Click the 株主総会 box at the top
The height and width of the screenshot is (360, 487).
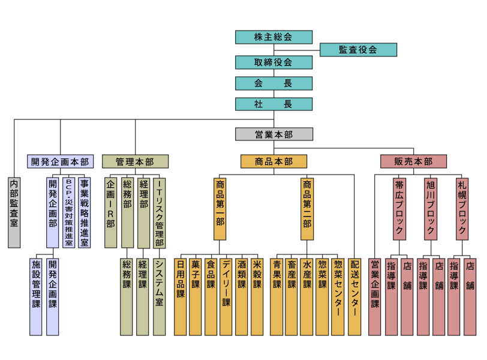tap(273, 37)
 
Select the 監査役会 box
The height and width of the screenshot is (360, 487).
tap(358, 50)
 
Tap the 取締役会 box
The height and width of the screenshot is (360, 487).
tap(273, 62)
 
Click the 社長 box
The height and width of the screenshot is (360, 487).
tap(273, 104)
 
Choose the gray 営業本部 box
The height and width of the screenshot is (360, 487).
tap(273, 134)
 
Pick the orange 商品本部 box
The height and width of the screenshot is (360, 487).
tap(273, 161)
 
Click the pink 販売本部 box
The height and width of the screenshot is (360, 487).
tap(413, 161)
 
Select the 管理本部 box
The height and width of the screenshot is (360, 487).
tap(135, 161)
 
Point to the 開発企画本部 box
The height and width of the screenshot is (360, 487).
tap(60, 161)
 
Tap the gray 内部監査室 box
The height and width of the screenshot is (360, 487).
tap(14, 213)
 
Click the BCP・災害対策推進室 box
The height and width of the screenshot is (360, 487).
tap(68, 213)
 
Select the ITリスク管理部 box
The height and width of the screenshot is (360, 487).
tap(160, 213)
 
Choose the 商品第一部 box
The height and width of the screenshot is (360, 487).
tap(220, 209)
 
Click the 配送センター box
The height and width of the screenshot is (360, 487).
tap(354, 297)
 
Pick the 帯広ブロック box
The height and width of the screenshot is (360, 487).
tap(399, 209)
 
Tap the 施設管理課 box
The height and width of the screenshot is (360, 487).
tap(36, 297)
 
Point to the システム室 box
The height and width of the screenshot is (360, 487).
tap(160, 297)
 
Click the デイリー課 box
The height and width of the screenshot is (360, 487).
tap(226, 297)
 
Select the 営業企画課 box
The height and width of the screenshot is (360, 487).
tap(375, 297)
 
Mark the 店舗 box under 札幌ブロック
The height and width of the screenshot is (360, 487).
tap(470, 297)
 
